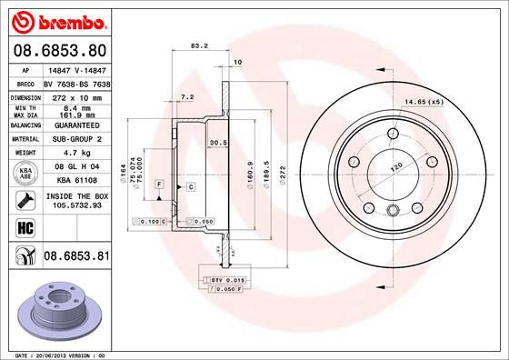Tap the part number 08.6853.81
point(75,258)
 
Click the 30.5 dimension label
point(218,143)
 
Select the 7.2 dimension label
point(187,96)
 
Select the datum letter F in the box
point(159,185)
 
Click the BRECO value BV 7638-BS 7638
point(76,82)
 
